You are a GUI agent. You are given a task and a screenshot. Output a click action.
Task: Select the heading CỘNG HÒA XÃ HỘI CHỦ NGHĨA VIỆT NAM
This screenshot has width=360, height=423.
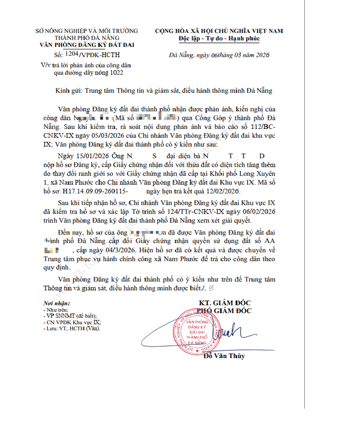pyautogui.click(x=219, y=31)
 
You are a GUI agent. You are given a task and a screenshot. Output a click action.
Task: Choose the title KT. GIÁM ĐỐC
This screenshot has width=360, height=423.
pyautogui.click(x=225, y=303)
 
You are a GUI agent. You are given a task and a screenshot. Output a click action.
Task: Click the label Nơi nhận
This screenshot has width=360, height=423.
pyautogui.click(x=56, y=304)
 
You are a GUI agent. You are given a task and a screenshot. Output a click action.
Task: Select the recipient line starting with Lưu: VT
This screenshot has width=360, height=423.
pyautogui.click(x=72, y=328)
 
